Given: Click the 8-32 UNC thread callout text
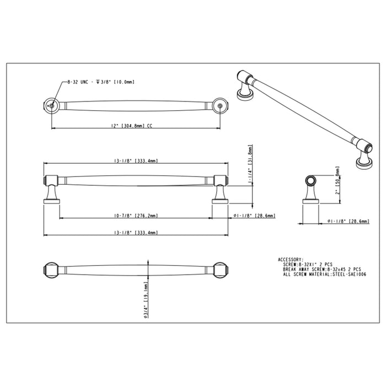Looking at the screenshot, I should point(100,82).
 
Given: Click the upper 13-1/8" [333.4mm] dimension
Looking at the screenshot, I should point(136,160).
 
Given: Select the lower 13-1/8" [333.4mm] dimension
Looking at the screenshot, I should point(136,233).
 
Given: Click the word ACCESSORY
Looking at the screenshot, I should point(291,259).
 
